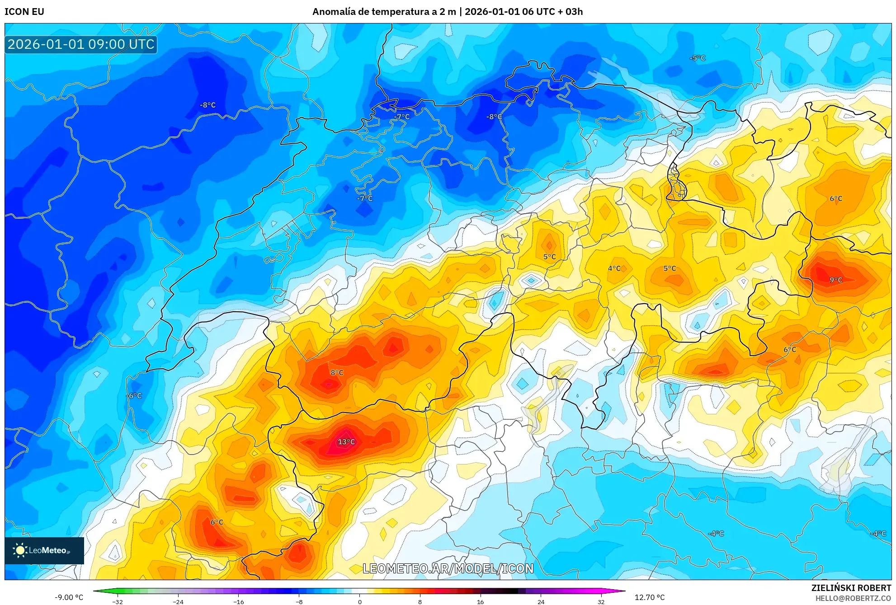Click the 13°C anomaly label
pos(346,442)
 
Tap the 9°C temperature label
pos(836,280)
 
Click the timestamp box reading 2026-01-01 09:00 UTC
pos(81,44)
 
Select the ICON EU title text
pos(24,12)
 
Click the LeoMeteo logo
pos(44,550)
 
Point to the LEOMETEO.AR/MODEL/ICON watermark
pos(448,568)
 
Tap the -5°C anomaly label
pos(697,58)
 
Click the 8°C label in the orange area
pos(337,373)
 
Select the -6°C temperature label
pos(134,396)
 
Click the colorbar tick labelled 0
pos(360,601)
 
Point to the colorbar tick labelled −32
pos(118,601)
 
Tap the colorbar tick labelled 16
pos(480,601)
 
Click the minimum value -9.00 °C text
pos(69,597)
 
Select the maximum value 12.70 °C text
pos(650,597)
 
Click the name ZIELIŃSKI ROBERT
pos(851,588)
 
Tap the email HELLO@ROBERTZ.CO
pos(853,598)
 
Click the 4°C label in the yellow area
pos(614,268)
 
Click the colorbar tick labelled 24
pos(541,601)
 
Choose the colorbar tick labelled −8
pos(299,601)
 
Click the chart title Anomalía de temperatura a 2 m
pos(384,12)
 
